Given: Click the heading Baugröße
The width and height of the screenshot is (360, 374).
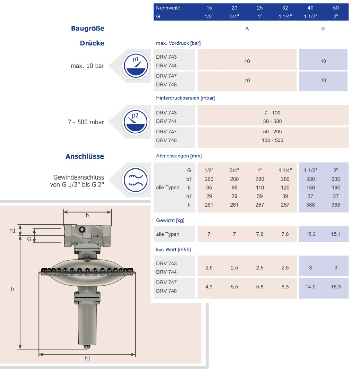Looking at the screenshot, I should click(88, 28).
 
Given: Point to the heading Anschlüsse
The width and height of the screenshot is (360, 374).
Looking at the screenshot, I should click(85, 157).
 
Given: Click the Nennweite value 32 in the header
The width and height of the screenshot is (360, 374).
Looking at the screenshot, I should click(285, 8).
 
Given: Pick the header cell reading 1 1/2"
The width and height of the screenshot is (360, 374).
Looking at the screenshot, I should click(310, 16).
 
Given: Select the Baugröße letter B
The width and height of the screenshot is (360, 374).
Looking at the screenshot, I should click(323, 29).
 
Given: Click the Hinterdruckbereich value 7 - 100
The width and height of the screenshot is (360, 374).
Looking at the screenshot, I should click(272, 113).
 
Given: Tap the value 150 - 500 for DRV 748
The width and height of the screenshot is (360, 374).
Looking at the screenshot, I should click(272, 140).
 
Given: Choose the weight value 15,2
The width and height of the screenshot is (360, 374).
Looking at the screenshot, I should click(310, 234).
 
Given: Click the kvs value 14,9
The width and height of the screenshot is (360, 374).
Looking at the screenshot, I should click(310, 286).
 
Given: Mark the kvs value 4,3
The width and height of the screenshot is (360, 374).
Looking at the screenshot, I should click(209, 286).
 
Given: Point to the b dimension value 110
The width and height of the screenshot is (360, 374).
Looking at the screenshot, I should click(259, 188).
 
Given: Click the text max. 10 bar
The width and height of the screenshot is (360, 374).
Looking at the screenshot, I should click(87, 66).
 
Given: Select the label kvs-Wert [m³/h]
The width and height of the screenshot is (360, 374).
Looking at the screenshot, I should click(173, 250).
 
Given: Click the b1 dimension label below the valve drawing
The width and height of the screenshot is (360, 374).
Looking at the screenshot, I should click(87, 359).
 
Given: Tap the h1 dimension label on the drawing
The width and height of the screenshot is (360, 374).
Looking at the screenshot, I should click(12, 230).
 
